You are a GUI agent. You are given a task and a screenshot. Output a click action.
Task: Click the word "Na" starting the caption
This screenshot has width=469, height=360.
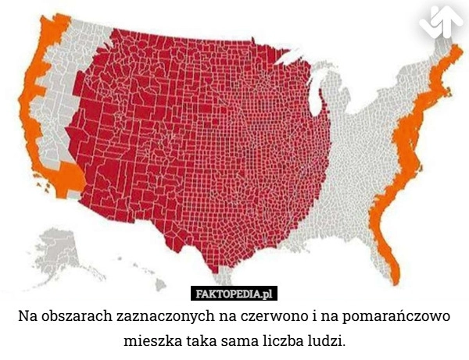[28, 319]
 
